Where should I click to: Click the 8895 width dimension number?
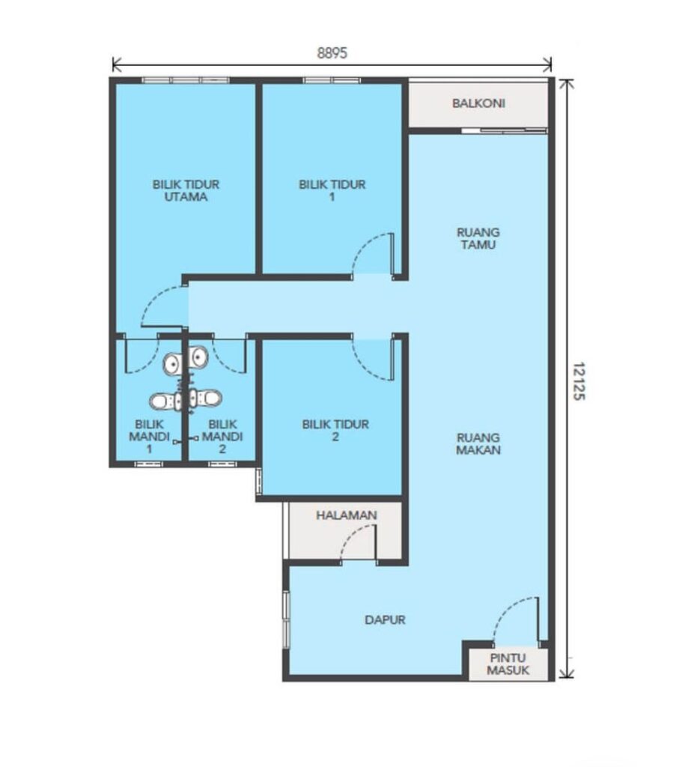coord(332,53)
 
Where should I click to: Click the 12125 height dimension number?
coord(579,381)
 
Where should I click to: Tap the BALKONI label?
coord(478,103)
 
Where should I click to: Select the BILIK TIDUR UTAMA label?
coord(186,191)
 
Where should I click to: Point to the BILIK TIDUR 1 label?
coord(332,191)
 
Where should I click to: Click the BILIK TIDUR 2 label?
coord(335,431)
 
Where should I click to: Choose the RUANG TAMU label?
coord(478,238)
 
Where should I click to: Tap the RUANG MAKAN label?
coord(478,443)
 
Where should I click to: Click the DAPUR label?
coord(386,619)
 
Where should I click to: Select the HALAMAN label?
coord(347,515)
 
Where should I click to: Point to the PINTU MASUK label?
coord(508,664)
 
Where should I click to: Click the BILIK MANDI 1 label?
coord(149,437)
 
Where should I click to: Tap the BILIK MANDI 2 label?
coord(222,437)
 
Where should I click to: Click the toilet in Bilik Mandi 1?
coord(165,401)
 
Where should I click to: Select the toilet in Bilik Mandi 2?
coord(205,398)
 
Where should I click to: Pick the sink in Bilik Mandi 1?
coord(173,364)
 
